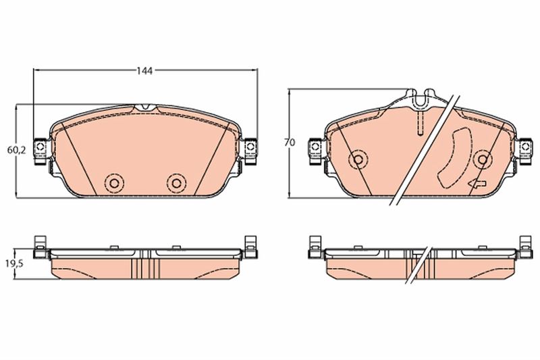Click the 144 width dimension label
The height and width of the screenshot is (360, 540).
pos(144,71)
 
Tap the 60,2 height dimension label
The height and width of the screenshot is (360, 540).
pos(16,150)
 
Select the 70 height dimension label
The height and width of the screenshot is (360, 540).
pos(290,142)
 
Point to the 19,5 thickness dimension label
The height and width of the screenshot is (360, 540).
pos(14,264)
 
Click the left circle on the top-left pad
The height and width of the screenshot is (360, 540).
pos(115,183)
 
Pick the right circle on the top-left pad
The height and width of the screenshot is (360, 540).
pos(176,183)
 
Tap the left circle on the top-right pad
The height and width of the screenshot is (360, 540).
pos(358,159)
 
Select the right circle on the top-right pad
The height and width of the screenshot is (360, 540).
pos(483,159)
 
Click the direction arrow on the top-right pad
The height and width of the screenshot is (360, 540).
pos(477,184)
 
